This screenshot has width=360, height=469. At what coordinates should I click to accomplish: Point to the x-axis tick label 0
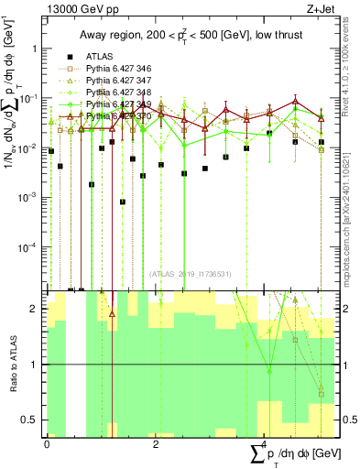tap(47, 444)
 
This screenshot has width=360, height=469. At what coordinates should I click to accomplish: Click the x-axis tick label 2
tap(156, 444)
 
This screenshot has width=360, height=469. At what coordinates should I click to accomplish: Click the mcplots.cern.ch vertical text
tap(351, 192)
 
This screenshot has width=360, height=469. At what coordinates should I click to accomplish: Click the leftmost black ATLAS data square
tap(51, 150)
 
